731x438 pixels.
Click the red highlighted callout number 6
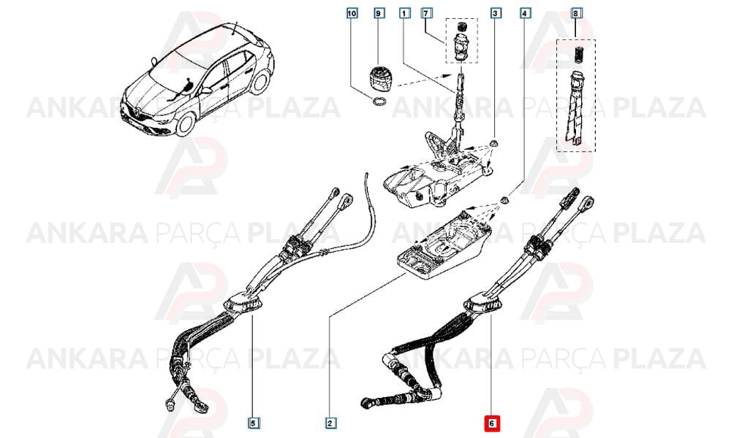click(492, 423)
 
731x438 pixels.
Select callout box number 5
click(253, 423)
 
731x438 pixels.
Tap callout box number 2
click(330, 423)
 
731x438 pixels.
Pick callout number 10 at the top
click(352, 13)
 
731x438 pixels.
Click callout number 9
click(380, 13)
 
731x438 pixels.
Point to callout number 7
click(425, 13)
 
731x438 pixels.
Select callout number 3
click(496, 13)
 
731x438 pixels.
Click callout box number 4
click(525, 13)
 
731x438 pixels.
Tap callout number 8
click(576, 13)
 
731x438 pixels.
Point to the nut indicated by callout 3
click(493, 142)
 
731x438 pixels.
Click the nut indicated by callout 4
click(504, 200)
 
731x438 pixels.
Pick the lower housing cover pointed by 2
click(444, 245)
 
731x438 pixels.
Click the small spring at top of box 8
click(577, 54)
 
